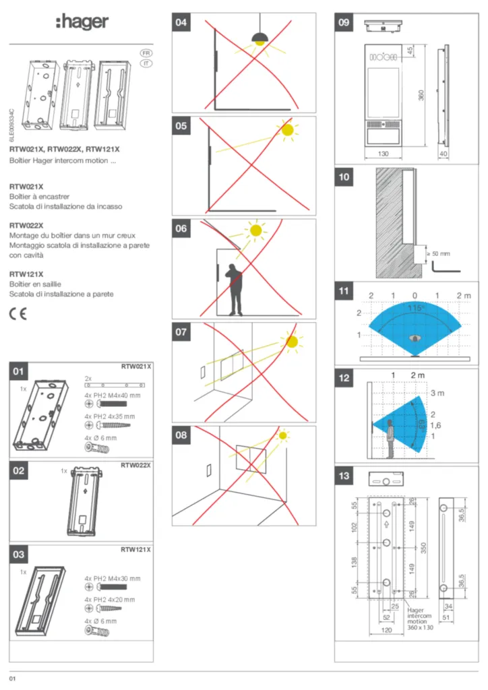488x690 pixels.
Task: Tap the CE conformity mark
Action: (18, 314)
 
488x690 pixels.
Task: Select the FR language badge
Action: (145, 53)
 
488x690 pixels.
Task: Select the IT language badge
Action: (145, 63)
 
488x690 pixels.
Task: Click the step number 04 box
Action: (181, 23)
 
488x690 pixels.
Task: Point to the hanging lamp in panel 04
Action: (259, 38)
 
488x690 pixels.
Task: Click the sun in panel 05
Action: (288, 131)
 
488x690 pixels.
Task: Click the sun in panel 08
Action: (283, 436)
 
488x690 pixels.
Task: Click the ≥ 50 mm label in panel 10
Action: (437, 254)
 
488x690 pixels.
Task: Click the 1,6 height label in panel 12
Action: (435, 426)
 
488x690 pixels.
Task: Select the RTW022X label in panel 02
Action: (135, 465)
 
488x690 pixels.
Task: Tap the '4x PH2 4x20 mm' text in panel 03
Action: (109, 599)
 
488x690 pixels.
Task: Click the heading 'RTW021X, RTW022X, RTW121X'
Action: (64, 149)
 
